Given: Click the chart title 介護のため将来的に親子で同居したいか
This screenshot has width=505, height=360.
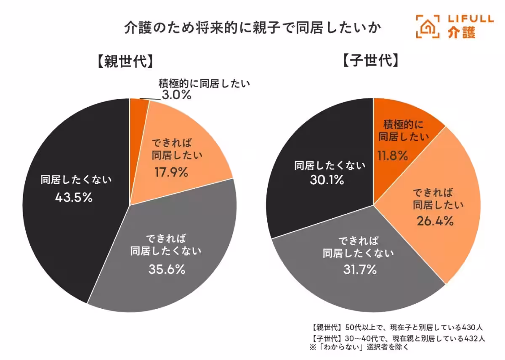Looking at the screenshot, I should click(x=252, y=29).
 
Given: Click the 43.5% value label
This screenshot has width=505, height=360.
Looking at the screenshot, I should click(x=74, y=197).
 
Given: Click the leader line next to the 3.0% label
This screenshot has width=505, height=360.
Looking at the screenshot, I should click(x=150, y=100).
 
